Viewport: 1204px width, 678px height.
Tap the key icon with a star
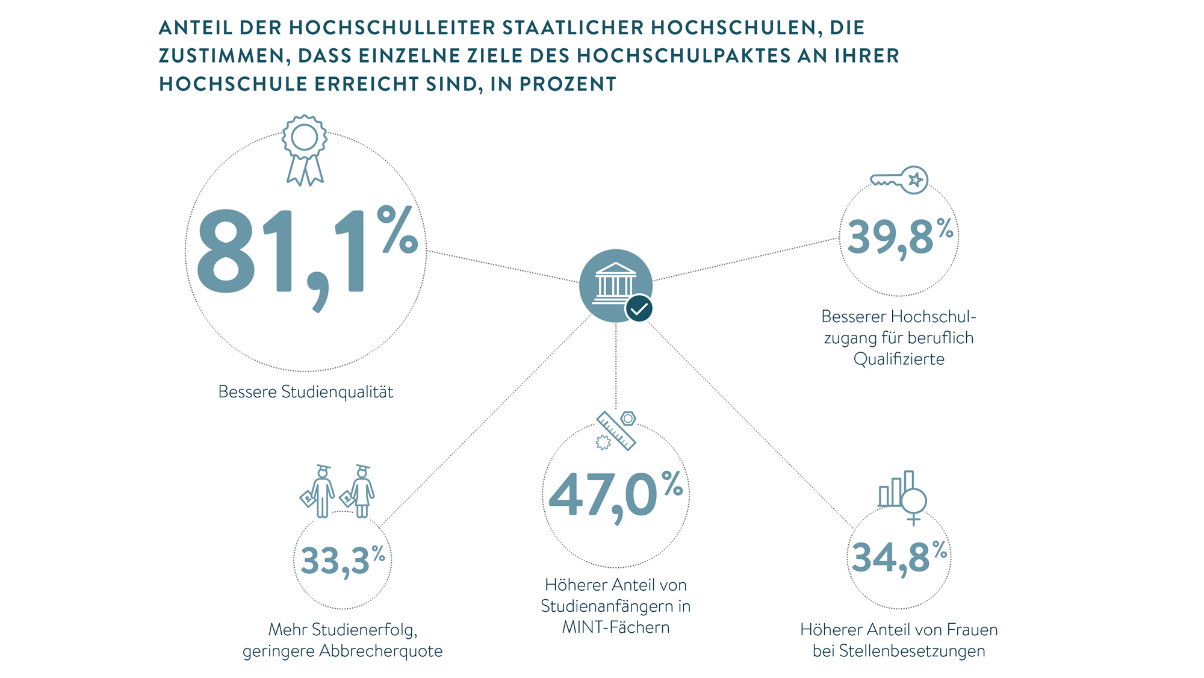point(899,179)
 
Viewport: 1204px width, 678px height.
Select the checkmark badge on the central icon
point(639,309)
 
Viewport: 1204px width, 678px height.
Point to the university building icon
point(614,282)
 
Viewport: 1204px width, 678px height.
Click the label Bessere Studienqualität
point(305,392)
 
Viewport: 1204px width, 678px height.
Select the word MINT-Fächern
point(615,627)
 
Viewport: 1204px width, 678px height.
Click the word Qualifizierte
point(899,359)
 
